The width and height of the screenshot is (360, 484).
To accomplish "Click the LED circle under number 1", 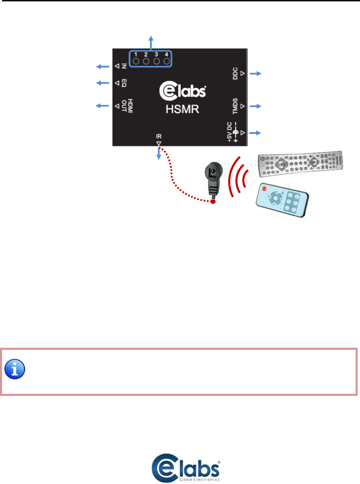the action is point(136,61).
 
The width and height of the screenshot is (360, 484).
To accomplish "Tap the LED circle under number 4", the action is point(167,61).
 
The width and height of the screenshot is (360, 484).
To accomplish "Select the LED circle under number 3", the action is point(156,61).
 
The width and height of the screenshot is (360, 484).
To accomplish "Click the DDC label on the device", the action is point(235,73).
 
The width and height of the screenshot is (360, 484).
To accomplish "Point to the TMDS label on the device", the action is point(235,106).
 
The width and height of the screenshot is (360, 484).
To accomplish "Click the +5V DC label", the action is point(230,132).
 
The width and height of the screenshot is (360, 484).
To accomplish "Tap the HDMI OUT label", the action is point(127,106).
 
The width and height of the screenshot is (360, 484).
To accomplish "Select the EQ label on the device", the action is point(124,83).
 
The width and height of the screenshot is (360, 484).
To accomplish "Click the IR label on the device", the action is point(158,136).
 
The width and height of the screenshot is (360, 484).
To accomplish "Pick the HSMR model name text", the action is point(182,109).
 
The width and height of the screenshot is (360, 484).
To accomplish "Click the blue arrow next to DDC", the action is point(256,73).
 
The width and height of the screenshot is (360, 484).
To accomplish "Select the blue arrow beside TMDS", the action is point(256,106).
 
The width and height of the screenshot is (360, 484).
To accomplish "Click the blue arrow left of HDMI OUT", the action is point(102,106).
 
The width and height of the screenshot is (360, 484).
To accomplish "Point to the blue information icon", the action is point(15,369).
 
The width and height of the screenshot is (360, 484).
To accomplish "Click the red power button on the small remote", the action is point(265,188).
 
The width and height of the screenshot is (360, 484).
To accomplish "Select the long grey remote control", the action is point(300,163).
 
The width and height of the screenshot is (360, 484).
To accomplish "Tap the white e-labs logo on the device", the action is point(183,91).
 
